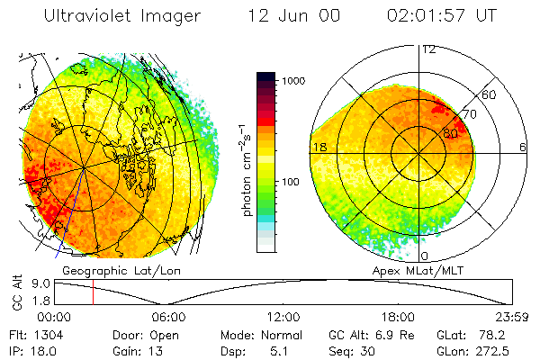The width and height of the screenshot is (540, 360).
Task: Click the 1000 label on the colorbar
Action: [x=295, y=81]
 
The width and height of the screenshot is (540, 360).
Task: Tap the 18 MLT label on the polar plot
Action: [x=318, y=147]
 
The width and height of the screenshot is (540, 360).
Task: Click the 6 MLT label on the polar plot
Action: [x=523, y=147]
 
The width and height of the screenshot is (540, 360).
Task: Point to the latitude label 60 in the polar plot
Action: [x=490, y=94]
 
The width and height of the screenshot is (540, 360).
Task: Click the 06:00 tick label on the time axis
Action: [x=169, y=316]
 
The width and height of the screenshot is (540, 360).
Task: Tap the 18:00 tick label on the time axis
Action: [x=398, y=316]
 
